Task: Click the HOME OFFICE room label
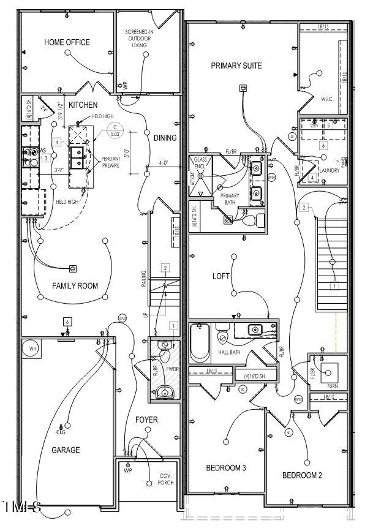[x=67, y=42]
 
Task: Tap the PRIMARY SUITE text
[x=236, y=66]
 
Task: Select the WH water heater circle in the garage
[x=31, y=350]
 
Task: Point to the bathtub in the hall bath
[x=200, y=343]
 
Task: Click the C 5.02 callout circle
[x=114, y=130]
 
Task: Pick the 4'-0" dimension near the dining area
[x=164, y=164]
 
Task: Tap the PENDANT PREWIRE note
[x=110, y=162]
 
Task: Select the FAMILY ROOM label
[x=75, y=285]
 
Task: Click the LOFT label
[x=221, y=276]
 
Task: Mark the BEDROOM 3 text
[x=225, y=468]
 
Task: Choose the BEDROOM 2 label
[x=302, y=475]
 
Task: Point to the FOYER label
[x=146, y=420]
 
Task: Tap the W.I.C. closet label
[x=327, y=99]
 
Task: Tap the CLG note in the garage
[x=61, y=432]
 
